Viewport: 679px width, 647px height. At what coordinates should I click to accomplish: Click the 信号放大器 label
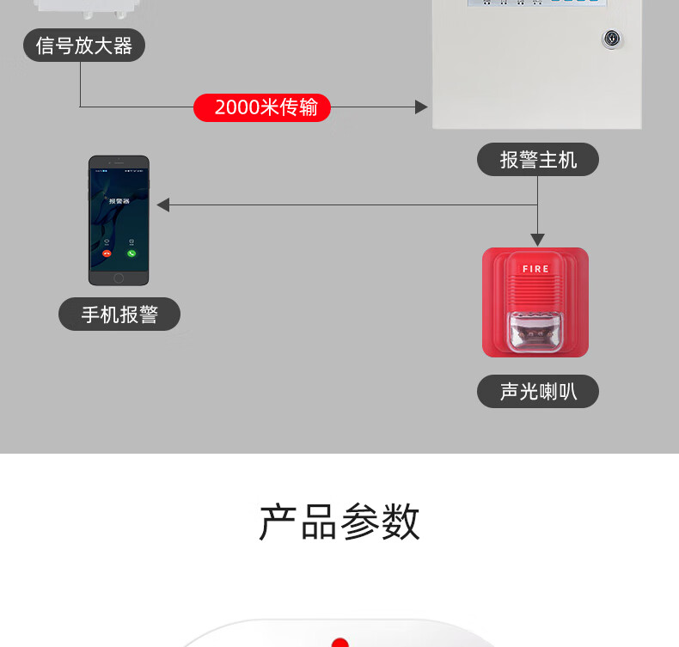tap(84, 46)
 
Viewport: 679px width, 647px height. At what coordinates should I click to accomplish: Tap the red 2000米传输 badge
tap(262, 107)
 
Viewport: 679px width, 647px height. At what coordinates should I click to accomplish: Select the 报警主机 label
tap(538, 160)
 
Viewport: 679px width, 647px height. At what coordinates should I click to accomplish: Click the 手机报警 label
tap(119, 314)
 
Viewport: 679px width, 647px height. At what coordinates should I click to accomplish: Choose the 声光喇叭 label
tap(538, 392)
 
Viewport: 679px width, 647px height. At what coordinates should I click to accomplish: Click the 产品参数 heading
tap(339, 522)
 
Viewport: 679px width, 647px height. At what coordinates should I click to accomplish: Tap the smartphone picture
tap(119, 220)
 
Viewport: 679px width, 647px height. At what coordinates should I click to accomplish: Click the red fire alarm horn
tap(535, 302)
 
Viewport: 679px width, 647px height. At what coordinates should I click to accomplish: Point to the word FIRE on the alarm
tap(535, 269)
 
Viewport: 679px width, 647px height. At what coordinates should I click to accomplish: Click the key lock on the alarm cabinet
tap(612, 39)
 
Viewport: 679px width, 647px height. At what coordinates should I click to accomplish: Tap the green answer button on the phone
tap(132, 253)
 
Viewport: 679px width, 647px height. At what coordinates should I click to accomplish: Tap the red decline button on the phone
tap(107, 253)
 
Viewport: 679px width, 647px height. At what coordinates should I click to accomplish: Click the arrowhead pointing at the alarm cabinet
tap(421, 107)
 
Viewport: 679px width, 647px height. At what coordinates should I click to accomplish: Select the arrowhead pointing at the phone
tap(163, 205)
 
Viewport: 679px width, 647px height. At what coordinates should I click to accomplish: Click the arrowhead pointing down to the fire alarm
tap(537, 240)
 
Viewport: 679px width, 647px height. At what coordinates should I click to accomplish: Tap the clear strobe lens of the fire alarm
tap(535, 331)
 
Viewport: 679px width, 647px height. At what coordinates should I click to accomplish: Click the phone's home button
tap(119, 278)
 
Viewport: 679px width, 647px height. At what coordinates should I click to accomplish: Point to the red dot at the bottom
tap(339, 642)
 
